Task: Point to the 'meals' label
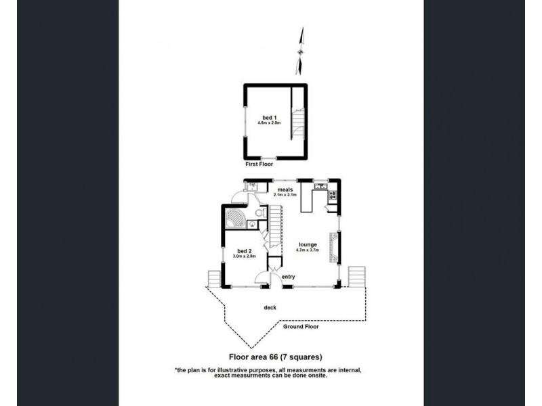(x=285, y=189)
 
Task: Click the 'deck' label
(x=270, y=308)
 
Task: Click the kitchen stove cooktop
(x=332, y=196)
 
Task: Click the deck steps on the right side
(x=356, y=275)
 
